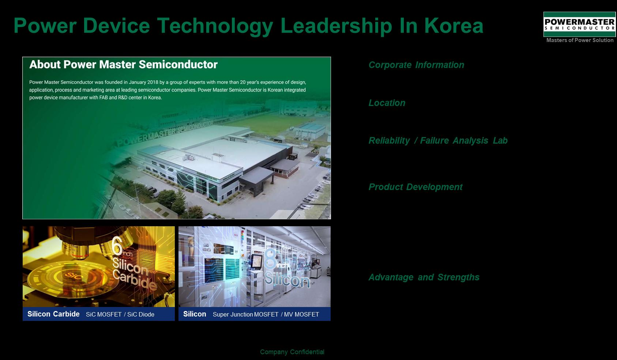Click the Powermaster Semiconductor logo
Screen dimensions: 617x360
[579, 24]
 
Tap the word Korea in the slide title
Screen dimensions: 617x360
[454, 26]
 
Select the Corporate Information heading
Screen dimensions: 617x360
[416, 65]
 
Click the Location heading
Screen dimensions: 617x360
[387, 103]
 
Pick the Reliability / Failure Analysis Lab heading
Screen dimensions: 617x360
[438, 141]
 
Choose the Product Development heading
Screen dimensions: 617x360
[415, 187]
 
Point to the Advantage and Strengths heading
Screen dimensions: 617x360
[424, 277]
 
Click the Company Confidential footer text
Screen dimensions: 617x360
[292, 352]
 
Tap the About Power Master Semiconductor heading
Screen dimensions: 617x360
[123, 64]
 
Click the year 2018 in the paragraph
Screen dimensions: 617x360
[153, 82]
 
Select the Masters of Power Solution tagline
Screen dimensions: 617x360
[580, 40]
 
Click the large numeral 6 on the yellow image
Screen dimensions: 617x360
[117, 246]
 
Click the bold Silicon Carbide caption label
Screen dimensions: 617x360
[53, 314]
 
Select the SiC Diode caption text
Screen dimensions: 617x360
[141, 314]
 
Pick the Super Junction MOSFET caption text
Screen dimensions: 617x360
[246, 314]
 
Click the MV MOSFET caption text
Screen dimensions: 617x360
[301, 314]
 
